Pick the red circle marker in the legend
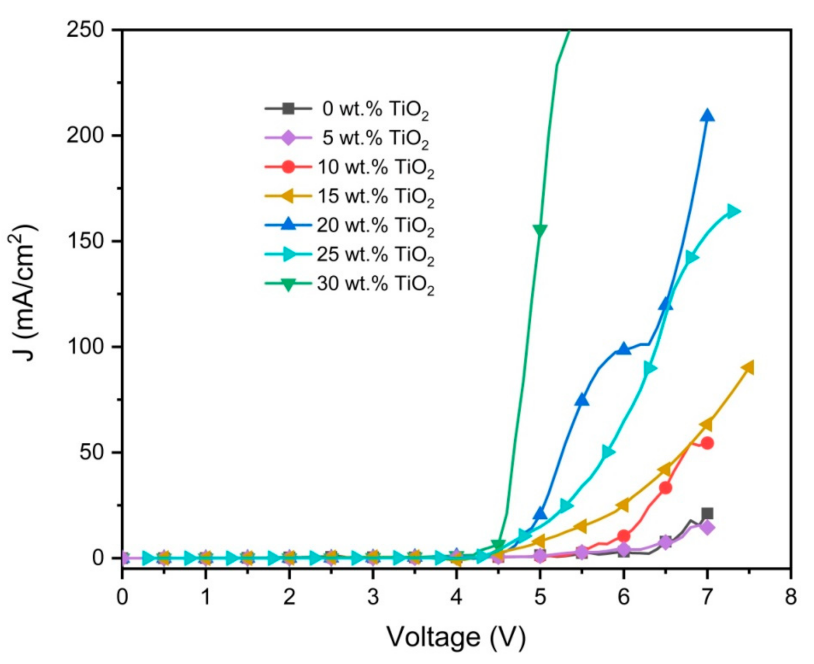click(x=288, y=167)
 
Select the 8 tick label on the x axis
click(x=791, y=597)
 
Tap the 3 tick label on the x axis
click(x=373, y=597)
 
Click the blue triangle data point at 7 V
click(x=707, y=116)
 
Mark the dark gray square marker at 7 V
click(x=707, y=513)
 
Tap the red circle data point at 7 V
click(x=707, y=443)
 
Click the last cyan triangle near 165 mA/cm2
click(x=732, y=211)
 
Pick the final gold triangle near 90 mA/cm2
click(x=748, y=368)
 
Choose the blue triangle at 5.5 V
click(x=582, y=400)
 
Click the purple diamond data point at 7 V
click(x=707, y=528)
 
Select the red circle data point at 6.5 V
click(x=665, y=488)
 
